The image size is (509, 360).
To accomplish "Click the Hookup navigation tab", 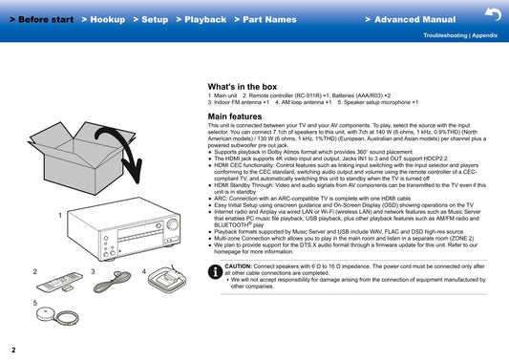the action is point(103,19).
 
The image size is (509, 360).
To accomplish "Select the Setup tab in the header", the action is point(151,19).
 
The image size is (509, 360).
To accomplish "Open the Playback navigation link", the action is point(201,19).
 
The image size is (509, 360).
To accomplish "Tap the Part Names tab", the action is point(265,19).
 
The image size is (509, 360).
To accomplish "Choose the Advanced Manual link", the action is point(411,19).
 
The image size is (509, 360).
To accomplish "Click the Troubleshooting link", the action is point(445,35).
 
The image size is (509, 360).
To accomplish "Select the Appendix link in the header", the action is point(485,35).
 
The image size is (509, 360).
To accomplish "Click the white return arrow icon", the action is point(494,14).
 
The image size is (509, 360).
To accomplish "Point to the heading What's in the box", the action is point(243,87).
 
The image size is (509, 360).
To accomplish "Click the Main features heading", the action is point(235,116).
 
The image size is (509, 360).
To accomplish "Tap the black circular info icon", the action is point(215,271).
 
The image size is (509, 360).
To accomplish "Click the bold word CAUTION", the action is point(239,266).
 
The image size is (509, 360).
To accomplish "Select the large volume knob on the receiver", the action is point(172,224).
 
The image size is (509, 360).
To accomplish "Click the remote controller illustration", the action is point(60,282).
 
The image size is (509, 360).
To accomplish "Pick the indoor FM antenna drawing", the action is point(113,282).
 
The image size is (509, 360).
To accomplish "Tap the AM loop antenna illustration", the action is point(167,279).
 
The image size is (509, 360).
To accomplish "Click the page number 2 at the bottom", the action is point(13,349).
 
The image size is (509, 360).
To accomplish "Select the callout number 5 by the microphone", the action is point(35,303).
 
